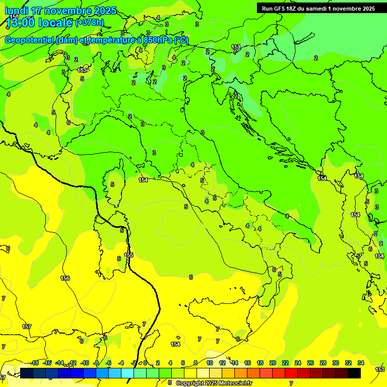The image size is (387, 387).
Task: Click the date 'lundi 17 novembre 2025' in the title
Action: pyautogui.click(x=60, y=11)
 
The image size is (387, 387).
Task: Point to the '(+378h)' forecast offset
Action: pyautogui.click(x=89, y=22)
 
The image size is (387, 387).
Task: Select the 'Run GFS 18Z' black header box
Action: pyautogui.click(x=317, y=8)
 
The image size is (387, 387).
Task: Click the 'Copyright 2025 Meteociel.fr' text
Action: pyautogui.click(x=214, y=383)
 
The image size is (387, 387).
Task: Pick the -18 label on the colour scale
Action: pyautogui.click(x=34, y=363)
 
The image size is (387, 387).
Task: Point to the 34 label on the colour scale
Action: pyautogui.click(x=361, y=363)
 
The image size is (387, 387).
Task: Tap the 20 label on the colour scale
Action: pyautogui.click(x=273, y=363)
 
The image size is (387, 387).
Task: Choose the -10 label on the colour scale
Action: pyautogui.click(x=85, y=363)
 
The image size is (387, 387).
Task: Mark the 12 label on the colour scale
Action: pyautogui.click(x=222, y=363)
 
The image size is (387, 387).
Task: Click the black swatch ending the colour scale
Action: pyautogui.click(x=354, y=373)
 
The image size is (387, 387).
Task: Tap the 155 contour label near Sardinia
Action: pyautogui.click(x=129, y=255)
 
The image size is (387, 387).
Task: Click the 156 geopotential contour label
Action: pyautogui.click(x=65, y=278)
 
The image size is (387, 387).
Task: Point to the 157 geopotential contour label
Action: pyautogui.click(x=27, y=327)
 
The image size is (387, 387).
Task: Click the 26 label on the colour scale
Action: pyautogui.click(x=310, y=363)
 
